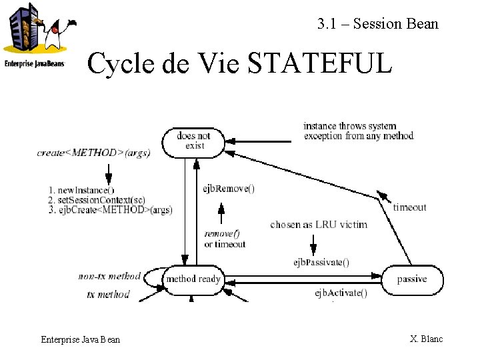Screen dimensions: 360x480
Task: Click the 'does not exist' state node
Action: (193, 141)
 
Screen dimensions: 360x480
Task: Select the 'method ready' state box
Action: (193, 279)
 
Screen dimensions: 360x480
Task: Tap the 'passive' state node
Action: (411, 279)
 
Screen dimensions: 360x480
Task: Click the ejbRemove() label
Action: (229, 189)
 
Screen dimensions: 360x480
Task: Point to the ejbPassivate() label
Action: (321, 261)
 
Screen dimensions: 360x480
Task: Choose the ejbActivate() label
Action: (341, 293)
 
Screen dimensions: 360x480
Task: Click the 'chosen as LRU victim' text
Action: (319, 225)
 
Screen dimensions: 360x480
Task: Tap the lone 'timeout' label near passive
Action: (409, 207)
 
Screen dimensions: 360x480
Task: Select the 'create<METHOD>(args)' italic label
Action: (94, 153)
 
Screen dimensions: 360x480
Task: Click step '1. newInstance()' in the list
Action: (81, 190)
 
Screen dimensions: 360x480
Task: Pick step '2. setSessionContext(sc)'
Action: (97, 200)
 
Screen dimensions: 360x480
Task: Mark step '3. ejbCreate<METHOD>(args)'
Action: (110, 210)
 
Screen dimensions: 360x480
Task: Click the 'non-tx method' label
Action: (109, 276)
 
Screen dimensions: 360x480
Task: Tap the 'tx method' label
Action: (108, 294)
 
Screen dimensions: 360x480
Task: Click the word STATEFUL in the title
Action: (319, 64)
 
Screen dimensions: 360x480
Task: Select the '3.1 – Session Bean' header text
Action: (378, 24)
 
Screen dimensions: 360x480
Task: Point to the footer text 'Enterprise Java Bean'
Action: (81, 339)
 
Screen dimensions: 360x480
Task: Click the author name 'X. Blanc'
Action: (426, 339)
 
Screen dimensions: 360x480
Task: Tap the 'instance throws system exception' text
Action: (359, 131)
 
